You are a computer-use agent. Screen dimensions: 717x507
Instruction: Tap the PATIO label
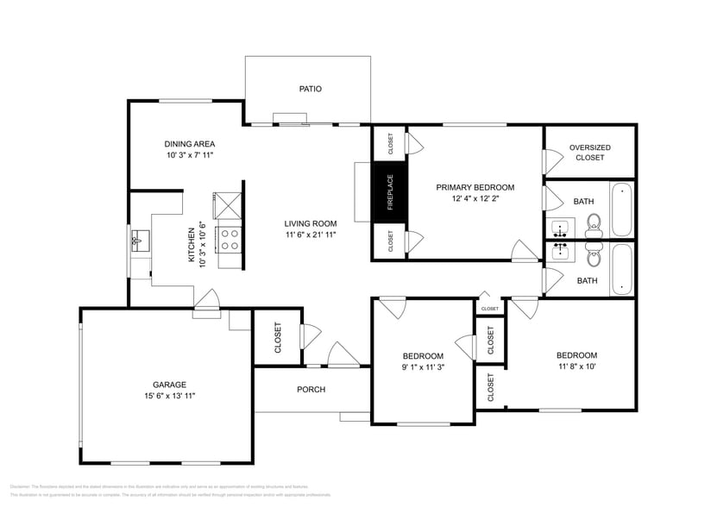tap(310, 88)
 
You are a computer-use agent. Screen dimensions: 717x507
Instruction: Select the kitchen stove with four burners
tap(230, 238)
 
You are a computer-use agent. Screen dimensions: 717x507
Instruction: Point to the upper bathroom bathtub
tap(620, 210)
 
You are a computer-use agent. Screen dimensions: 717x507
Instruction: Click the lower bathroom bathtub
tap(620, 269)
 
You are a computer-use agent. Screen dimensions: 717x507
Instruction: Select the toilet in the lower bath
tap(594, 255)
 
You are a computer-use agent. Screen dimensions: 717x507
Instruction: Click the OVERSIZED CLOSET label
tap(590, 153)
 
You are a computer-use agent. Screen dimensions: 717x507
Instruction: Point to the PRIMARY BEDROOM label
tap(475, 187)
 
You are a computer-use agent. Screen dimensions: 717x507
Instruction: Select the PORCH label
tap(311, 390)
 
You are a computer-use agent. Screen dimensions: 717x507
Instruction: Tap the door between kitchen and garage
tap(207, 301)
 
